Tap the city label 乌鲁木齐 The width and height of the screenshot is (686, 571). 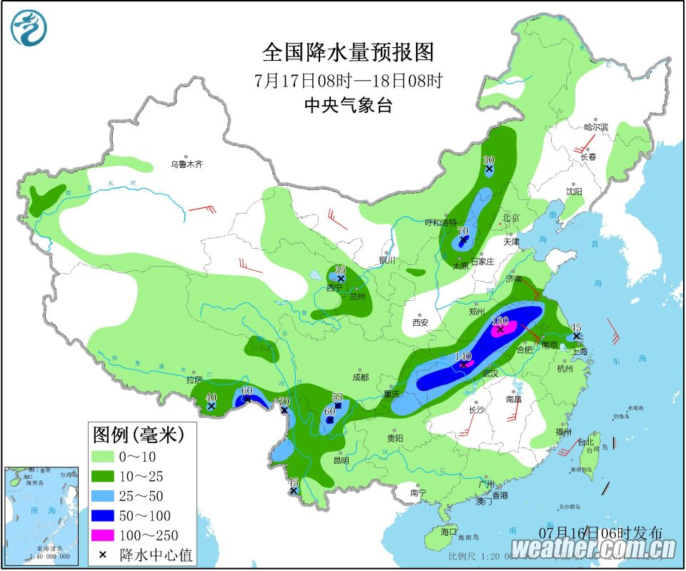(187, 164)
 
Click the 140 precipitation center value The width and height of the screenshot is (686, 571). (463, 356)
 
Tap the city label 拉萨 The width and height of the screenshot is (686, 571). (194, 379)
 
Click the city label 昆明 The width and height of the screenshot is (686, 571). (340, 460)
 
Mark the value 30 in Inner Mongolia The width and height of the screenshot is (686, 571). (489, 160)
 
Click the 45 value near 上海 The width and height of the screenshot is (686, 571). (576, 328)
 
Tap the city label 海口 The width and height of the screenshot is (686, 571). (449, 532)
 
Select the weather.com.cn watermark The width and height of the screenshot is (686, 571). (593, 549)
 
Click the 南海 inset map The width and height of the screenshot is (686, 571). (40, 513)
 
